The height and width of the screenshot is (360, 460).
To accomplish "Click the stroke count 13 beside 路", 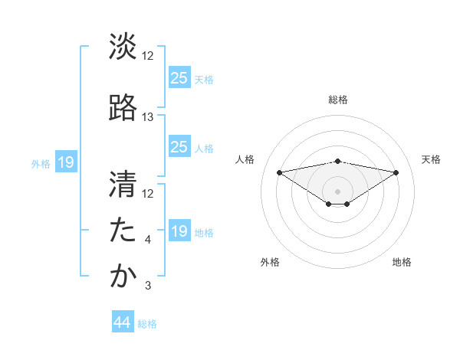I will coord(148,117).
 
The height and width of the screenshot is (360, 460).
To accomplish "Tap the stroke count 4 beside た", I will coord(148,240).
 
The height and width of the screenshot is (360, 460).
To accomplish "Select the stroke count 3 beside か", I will coord(148,286).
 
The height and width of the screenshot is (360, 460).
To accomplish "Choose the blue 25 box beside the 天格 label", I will coord(179,77).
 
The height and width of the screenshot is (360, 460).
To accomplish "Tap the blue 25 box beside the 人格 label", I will coord(179,146).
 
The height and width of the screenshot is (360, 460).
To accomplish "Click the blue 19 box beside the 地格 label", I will coord(179,231).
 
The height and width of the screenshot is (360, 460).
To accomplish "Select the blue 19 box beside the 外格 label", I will coord(65,162).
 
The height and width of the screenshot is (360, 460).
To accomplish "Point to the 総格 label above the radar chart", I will coord(337,100).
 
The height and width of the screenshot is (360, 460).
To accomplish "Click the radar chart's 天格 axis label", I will coord(431,159).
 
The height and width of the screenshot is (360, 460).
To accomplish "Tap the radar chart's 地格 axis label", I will coord(402,262).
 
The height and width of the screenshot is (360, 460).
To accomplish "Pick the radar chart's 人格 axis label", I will coord(245,159).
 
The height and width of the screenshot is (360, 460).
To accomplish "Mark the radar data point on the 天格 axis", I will coord(396,172).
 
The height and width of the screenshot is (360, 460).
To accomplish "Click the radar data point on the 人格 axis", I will coord(279,172).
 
